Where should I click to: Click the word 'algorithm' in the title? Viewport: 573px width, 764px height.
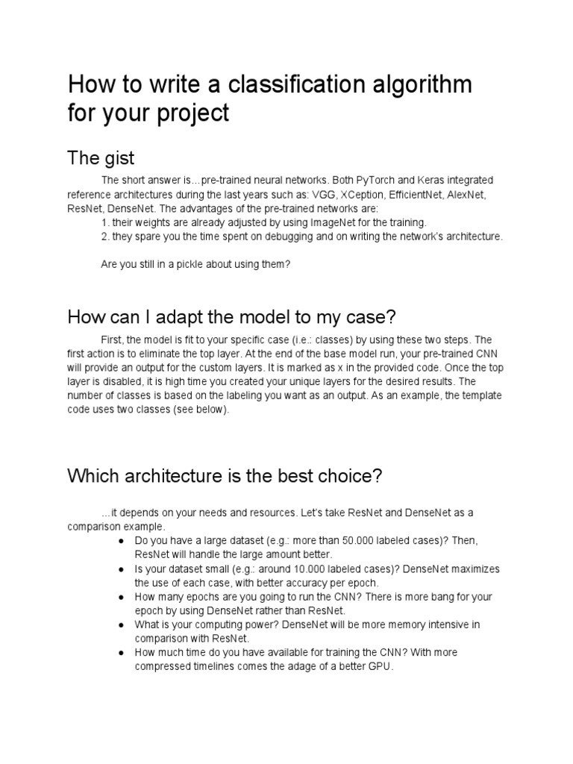click(x=414, y=84)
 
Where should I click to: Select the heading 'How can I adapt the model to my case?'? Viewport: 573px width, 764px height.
click(x=231, y=316)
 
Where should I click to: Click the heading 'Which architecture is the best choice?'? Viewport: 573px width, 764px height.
click(x=225, y=476)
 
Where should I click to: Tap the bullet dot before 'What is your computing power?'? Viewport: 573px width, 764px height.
click(x=120, y=624)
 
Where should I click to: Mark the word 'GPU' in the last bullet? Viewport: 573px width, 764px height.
click(x=379, y=666)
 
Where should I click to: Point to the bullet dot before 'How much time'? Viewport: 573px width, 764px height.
click(x=120, y=653)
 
